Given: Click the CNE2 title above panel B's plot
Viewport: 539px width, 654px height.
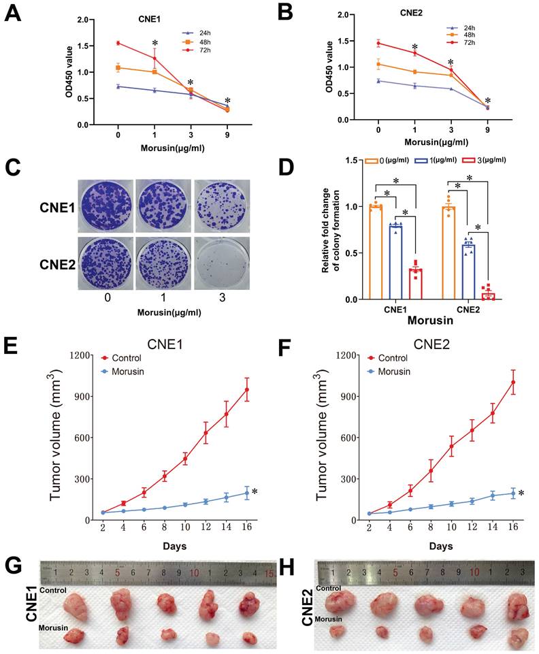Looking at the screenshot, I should pyautogui.click(x=409, y=13).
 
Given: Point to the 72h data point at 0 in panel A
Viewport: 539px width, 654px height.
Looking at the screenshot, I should pyautogui.click(x=118, y=43).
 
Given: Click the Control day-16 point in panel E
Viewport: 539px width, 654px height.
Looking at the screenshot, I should pyautogui.click(x=247, y=390).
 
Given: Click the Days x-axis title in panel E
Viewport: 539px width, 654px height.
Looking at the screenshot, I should pyautogui.click(x=176, y=546).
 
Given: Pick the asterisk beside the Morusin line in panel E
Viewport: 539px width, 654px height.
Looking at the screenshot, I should pyautogui.click(x=255, y=492).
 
